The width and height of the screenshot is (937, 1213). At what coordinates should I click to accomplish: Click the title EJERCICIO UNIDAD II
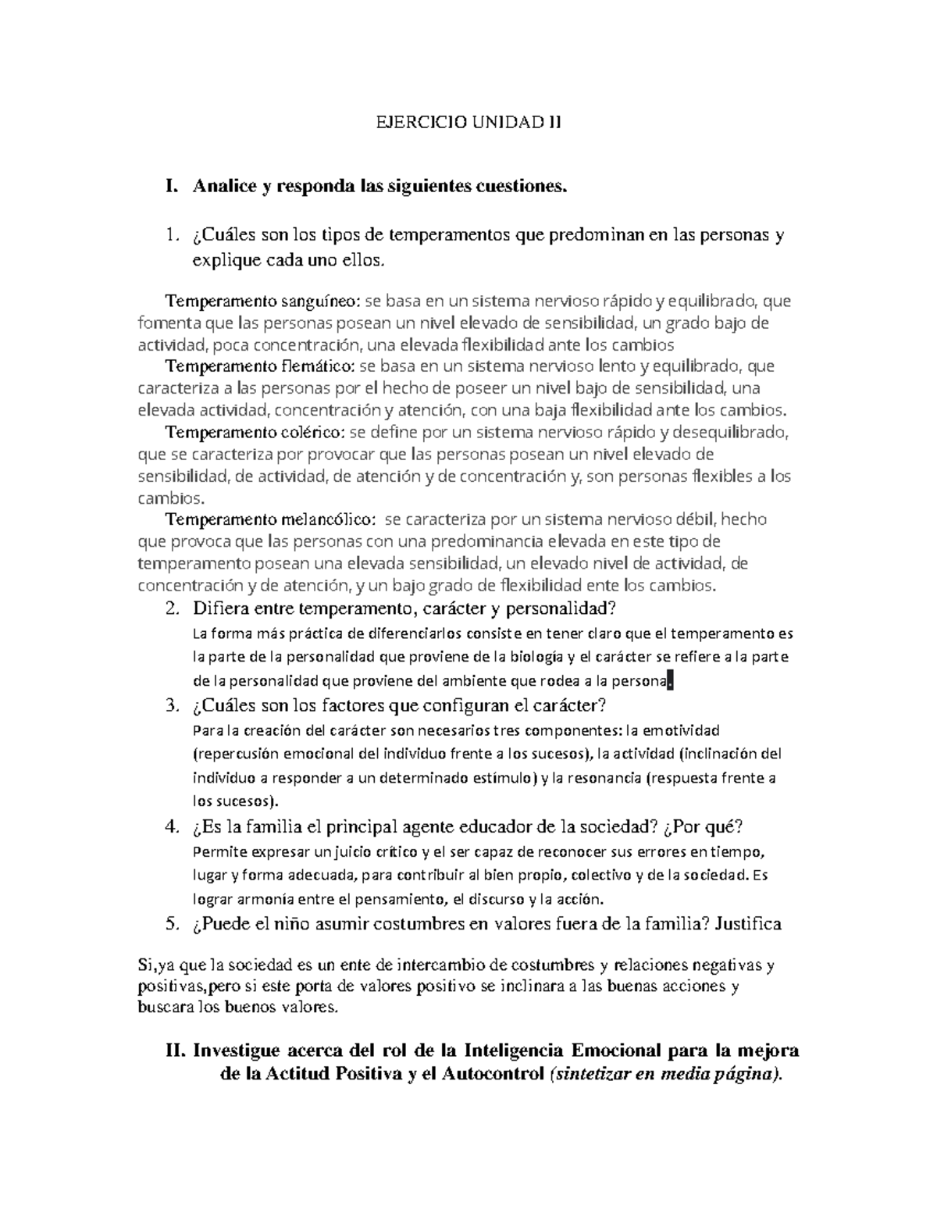(468, 123)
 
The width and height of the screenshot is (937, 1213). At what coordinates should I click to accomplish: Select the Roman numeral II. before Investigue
(176, 1050)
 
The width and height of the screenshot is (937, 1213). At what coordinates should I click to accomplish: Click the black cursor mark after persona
(670, 682)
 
